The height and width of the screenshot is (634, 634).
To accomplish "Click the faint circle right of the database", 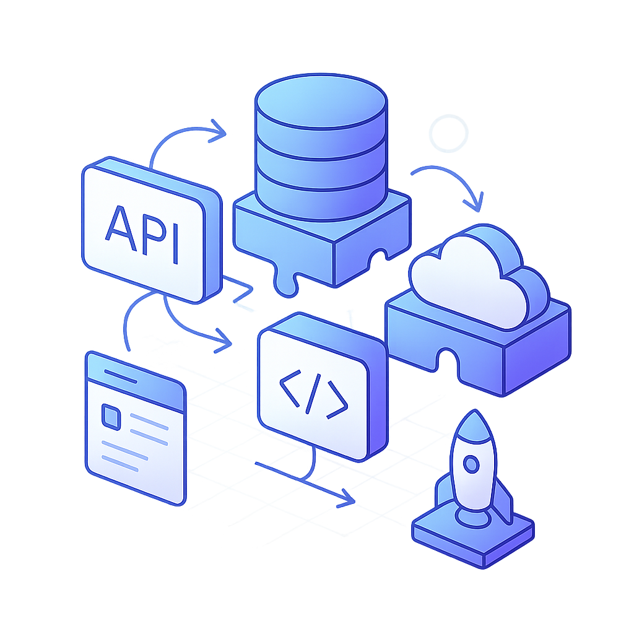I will pos(449,132).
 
